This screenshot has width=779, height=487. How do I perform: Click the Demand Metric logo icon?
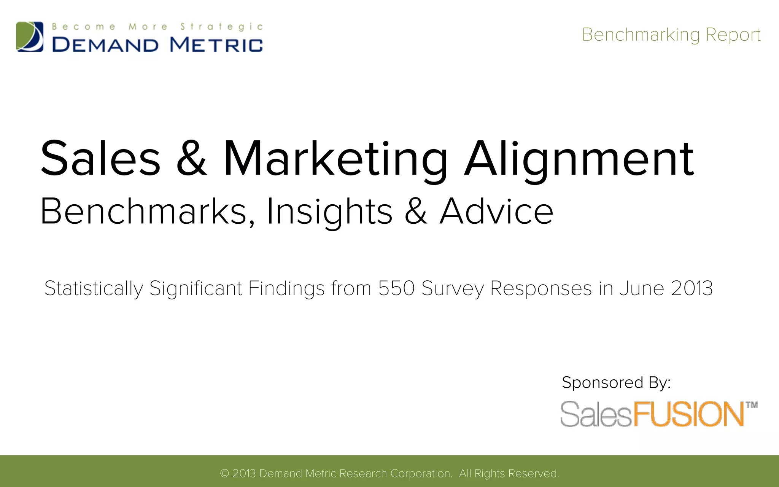30,37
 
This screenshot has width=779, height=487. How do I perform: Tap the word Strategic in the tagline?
221,27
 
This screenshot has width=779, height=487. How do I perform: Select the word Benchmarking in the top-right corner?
641,35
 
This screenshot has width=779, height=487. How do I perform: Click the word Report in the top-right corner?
733,35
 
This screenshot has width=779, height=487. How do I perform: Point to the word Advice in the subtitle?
496,212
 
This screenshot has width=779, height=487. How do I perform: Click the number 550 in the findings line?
396,288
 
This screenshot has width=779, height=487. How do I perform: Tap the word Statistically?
94,288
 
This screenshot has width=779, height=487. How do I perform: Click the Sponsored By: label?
616,382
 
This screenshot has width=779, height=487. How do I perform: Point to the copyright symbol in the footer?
224,473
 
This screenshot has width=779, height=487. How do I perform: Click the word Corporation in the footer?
421,473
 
